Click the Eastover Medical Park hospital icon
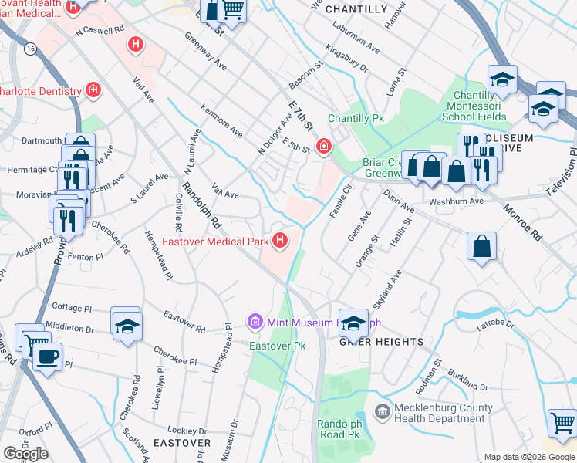coord(279,242)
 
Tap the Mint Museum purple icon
coord(255,320)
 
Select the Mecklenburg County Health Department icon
coord(381,413)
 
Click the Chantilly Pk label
coord(356,119)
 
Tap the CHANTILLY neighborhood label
coord(356,9)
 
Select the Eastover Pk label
coord(278,346)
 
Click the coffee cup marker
coord(48,357)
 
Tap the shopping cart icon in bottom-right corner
coord(563,423)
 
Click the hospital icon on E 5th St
coord(323,145)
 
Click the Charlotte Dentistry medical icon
coord(93,91)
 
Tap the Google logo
coord(25,454)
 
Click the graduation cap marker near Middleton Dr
coord(127,324)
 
